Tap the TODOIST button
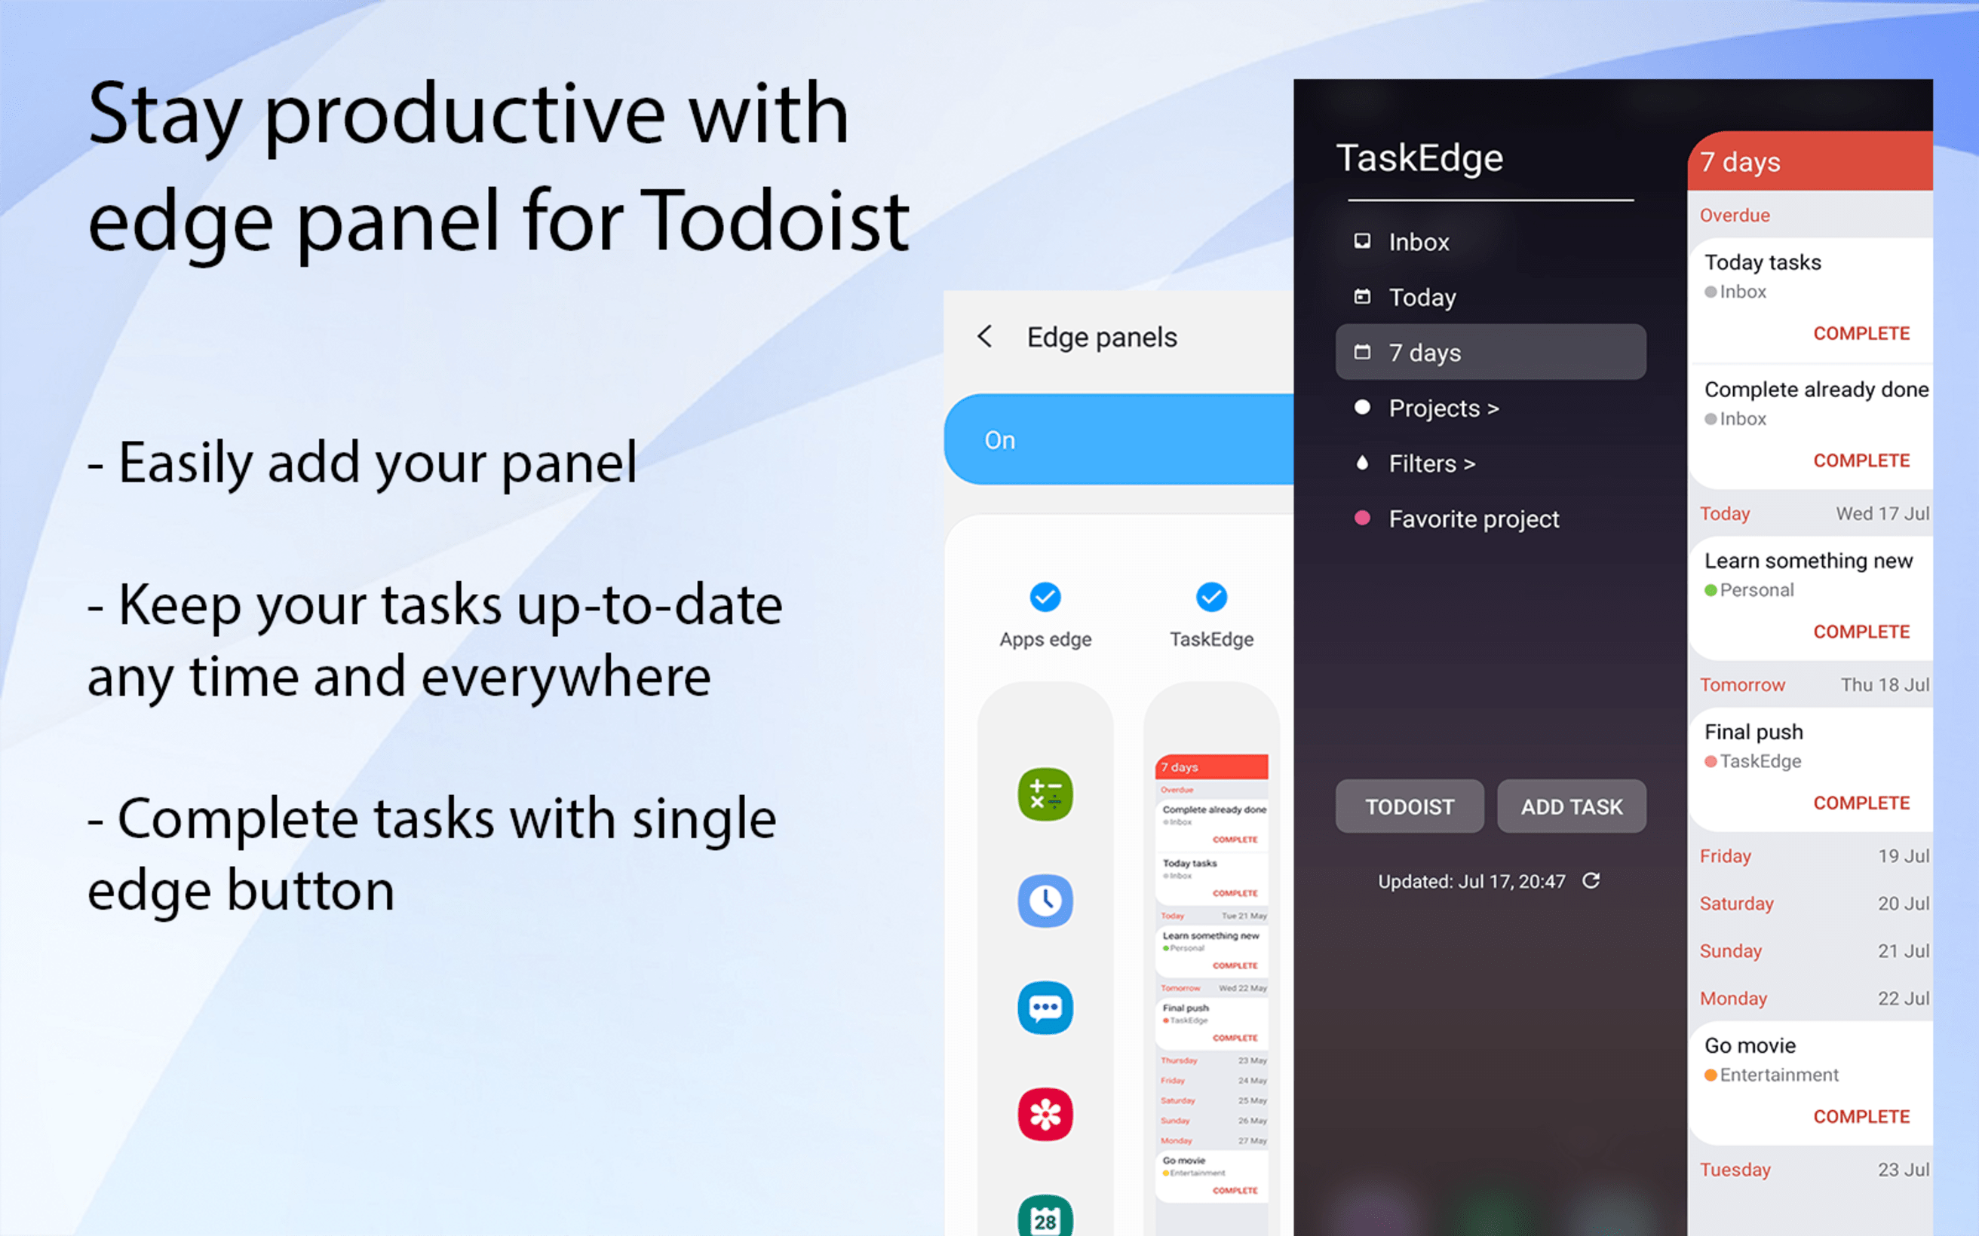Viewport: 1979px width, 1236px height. click(1409, 807)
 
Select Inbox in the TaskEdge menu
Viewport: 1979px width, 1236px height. click(1418, 242)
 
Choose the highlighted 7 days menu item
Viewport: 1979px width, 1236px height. click(1490, 352)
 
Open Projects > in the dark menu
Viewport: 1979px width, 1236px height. click(1444, 408)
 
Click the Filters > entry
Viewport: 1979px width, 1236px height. click(1431, 463)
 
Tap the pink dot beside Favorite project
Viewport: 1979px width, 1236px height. click(1361, 519)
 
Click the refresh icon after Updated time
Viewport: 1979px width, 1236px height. click(1591, 880)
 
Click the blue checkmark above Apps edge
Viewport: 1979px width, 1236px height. click(1045, 597)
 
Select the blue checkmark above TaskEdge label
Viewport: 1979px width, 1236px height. click(1211, 597)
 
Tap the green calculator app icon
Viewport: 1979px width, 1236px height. click(1045, 794)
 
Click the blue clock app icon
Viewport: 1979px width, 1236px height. click(1045, 901)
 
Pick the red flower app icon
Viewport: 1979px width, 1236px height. click(1045, 1114)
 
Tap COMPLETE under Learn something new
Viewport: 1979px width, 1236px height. click(1861, 632)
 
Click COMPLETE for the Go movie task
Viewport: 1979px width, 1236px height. click(1861, 1117)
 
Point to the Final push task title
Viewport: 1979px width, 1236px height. click(1753, 732)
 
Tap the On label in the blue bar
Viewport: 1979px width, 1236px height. click(999, 441)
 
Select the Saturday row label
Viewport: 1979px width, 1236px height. click(1736, 904)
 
